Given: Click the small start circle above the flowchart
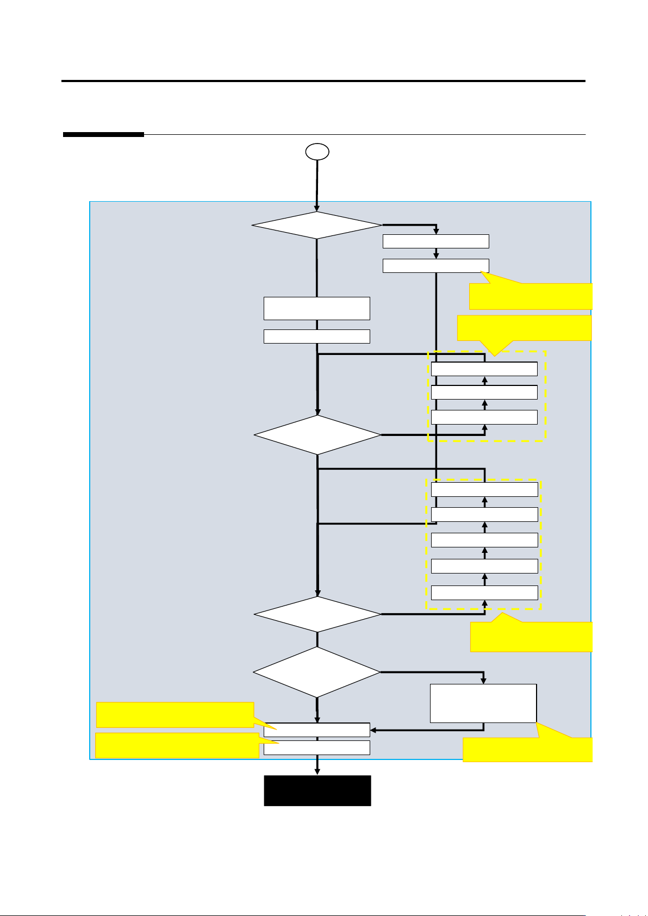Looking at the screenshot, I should (x=317, y=152).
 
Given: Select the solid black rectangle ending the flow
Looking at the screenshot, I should (x=317, y=790).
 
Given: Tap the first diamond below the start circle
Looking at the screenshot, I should (x=317, y=225).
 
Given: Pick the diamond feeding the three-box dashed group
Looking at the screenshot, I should (x=317, y=435).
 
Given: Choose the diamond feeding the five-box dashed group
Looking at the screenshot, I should (x=317, y=614).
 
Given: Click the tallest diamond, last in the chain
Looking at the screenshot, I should (x=317, y=672).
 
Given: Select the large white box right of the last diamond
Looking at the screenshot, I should (x=483, y=703).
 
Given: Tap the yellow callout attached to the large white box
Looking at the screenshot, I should (x=527, y=750).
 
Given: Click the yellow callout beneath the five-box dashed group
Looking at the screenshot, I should (x=531, y=637).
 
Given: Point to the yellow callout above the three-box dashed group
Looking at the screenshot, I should (x=525, y=328).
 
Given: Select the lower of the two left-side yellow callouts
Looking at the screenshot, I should (x=177, y=746).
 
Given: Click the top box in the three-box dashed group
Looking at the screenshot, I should (x=484, y=369).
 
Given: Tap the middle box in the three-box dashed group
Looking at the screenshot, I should (x=484, y=392).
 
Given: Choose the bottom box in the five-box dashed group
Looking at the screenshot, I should (x=484, y=593).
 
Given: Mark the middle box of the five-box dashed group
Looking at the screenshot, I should (x=484, y=540).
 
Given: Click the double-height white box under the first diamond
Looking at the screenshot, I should (x=317, y=308).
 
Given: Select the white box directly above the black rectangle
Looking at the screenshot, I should (x=317, y=747).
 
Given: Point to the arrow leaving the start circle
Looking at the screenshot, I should (x=317, y=185).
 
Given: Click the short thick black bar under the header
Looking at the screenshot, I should (x=103, y=135).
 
